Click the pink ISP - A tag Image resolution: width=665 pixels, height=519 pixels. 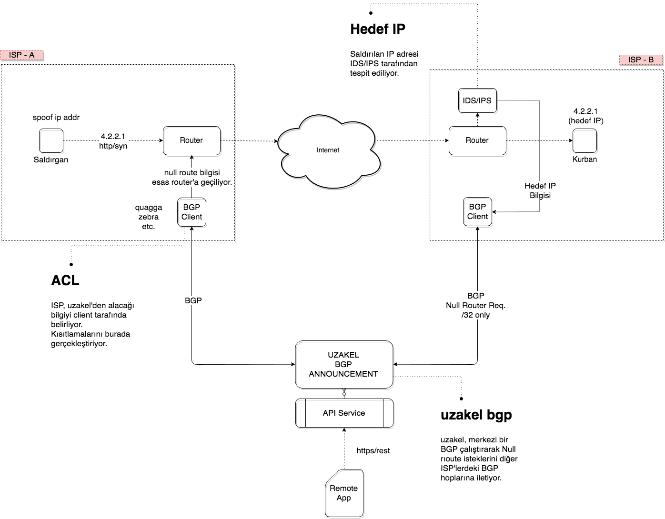(22, 55)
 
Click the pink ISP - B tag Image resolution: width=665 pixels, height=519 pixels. (641, 60)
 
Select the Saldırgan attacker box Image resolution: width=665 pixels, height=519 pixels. (51, 141)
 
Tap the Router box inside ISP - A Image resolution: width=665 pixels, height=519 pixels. (191, 140)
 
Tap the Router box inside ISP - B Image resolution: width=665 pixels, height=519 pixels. (477, 140)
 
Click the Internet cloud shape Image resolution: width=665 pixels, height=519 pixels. (329, 150)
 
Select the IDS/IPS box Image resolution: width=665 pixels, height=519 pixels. (477, 100)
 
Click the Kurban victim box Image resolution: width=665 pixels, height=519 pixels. (584, 141)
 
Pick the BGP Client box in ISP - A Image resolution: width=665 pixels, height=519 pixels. (191, 212)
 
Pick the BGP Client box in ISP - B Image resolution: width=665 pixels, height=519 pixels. (477, 212)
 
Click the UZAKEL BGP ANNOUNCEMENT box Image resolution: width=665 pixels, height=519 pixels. (343, 364)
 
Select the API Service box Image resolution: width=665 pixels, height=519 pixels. (344, 413)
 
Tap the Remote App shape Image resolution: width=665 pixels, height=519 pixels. (344, 493)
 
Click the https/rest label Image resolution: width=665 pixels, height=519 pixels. (373, 450)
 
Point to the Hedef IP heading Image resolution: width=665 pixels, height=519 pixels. (378, 29)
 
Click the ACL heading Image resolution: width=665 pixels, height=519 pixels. (65, 280)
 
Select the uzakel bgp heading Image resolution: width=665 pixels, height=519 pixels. (476, 415)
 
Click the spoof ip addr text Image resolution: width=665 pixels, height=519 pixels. (56, 118)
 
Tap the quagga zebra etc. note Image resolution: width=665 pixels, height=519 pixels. (149, 217)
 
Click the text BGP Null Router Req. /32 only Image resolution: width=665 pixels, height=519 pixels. (475, 305)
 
